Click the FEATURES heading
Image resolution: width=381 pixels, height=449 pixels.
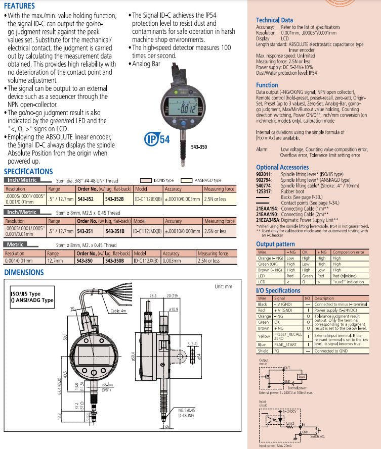20,6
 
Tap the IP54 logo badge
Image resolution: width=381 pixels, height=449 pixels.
157,139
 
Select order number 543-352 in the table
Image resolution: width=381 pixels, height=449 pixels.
84,198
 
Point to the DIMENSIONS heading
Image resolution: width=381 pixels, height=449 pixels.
24,273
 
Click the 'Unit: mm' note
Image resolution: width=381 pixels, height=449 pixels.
223,286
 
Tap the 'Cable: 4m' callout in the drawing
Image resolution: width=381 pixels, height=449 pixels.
118,311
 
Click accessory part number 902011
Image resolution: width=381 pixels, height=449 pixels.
264,173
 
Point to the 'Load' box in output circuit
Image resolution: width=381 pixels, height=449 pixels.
301,376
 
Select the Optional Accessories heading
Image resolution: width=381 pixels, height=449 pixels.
282,167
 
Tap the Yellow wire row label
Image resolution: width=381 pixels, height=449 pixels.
264,336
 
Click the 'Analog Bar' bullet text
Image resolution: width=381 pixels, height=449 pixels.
146,64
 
